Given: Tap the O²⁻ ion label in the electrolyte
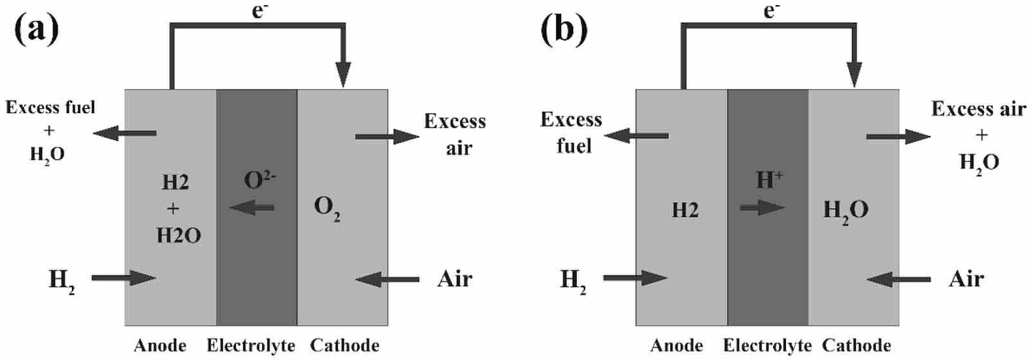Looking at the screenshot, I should (x=259, y=180).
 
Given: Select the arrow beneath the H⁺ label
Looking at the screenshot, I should (x=762, y=208).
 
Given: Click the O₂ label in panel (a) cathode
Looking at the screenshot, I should (x=327, y=208).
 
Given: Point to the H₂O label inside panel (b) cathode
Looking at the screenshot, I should (x=846, y=210).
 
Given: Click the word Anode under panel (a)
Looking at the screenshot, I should (x=159, y=346).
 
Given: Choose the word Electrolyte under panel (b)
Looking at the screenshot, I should (x=767, y=346).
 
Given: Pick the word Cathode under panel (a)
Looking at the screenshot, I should (x=344, y=346).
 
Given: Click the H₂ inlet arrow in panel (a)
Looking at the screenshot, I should (x=123, y=278).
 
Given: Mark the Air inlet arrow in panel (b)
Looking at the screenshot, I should (x=898, y=279).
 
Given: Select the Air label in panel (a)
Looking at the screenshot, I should (x=455, y=279).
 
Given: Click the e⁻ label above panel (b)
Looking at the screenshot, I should (x=771, y=11).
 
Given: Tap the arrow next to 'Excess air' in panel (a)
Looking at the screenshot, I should (x=387, y=136).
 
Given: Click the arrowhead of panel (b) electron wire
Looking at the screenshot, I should (x=854, y=76).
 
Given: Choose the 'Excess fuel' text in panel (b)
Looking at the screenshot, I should (x=572, y=132).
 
